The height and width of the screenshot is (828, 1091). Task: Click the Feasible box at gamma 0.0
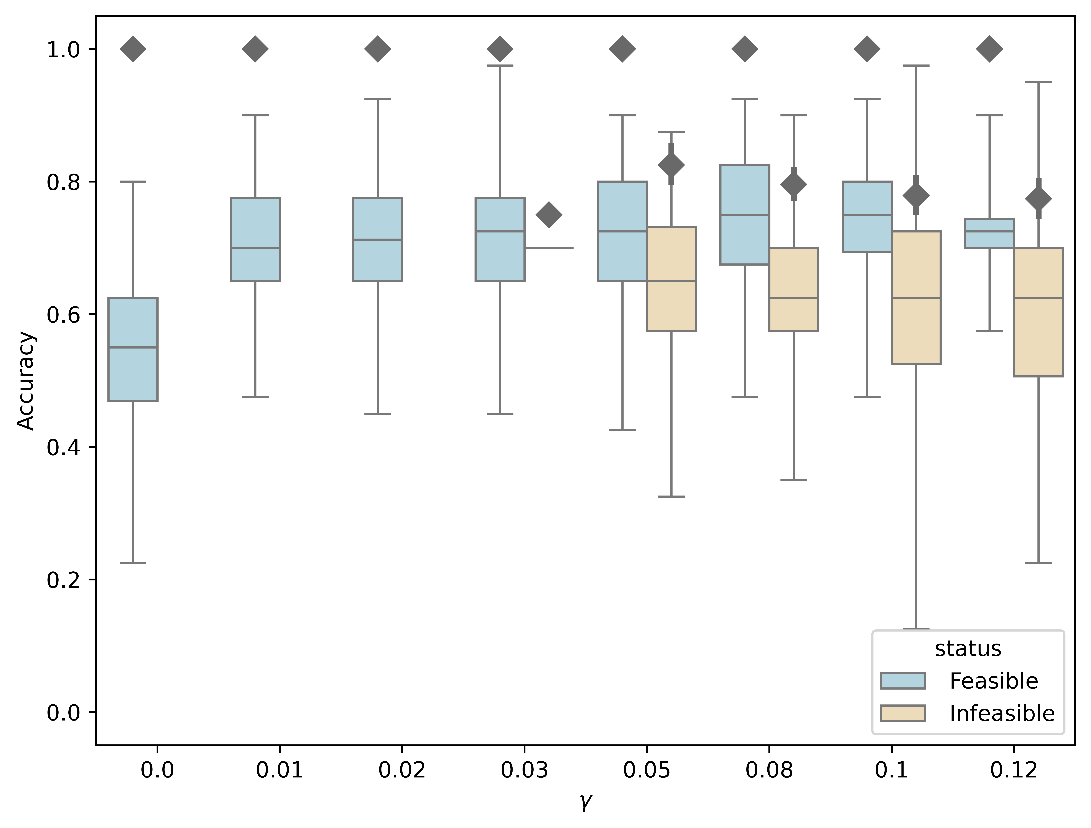pyautogui.click(x=133, y=349)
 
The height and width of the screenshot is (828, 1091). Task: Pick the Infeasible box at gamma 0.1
pyautogui.click(x=916, y=297)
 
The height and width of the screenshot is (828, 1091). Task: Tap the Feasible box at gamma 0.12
pyautogui.click(x=989, y=233)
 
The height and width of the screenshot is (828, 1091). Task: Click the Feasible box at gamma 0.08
pyautogui.click(x=744, y=214)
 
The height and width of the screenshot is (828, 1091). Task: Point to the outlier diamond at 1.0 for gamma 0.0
pyautogui.click(x=133, y=49)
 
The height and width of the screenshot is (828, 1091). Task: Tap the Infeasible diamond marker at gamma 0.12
pyautogui.click(x=1038, y=199)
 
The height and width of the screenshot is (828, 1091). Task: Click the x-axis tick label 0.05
pyautogui.click(x=647, y=770)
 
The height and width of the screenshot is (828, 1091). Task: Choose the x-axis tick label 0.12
pyautogui.click(x=1014, y=770)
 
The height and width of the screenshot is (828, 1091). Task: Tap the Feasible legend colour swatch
pyautogui.click(x=903, y=681)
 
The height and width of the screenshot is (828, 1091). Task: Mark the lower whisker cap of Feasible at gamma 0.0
pyautogui.click(x=133, y=563)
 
